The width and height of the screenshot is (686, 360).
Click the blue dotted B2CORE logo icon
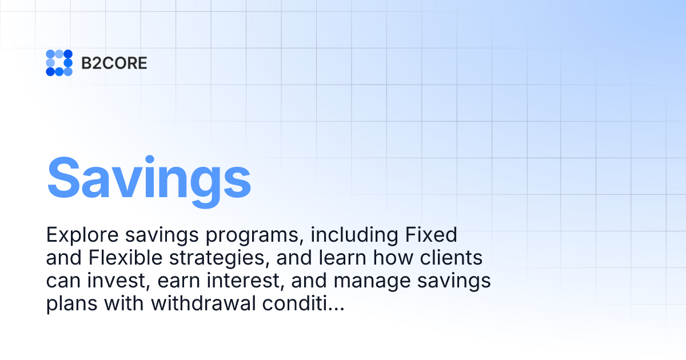pos(59,63)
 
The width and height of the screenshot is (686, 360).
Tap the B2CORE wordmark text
pos(114,63)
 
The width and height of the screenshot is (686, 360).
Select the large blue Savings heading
pos(149,178)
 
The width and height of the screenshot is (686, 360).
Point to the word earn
pos(182,281)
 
